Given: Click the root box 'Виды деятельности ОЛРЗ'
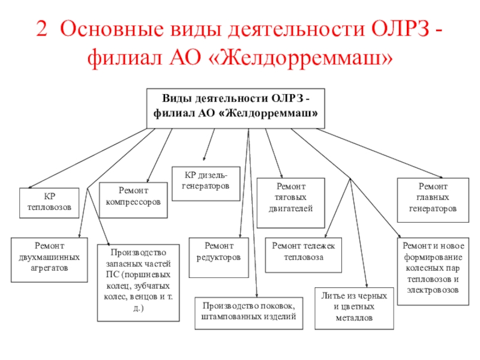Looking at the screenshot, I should coord(236,108).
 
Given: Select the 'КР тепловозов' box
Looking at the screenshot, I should coord(49,202).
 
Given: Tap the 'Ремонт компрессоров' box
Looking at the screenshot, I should coord(133,198).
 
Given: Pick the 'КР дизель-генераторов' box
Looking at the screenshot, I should coord(206,181).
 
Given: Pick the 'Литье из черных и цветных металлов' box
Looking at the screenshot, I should coord(355,307).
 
